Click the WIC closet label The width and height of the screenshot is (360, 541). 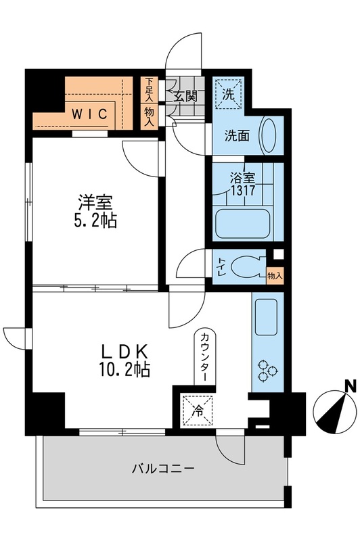pyautogui.click(x=89, y=114)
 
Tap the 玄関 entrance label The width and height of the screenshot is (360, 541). pyautogui.click(x=185, y=96)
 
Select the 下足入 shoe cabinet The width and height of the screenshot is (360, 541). pyautogui.click(x=149, y=89)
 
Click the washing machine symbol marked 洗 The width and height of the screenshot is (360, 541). pyautogui.click(x=228, y=94)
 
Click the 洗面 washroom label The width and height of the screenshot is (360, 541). pyautogui.click(x=237, y=136)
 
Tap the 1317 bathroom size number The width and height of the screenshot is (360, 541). pyautogui.click(x=243, y=190)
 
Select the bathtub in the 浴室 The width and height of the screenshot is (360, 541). pyautogui.click(x=243, y=223)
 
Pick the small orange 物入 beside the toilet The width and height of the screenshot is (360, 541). pyautogui.click(x=275, y=276)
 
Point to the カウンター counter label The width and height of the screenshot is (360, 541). pyautogui.click(x=204, y=356)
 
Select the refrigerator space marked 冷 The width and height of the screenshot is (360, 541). pyautogui.click(x=198, y=410)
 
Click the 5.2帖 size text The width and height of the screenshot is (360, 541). pyautogui.click(x=95, y=220)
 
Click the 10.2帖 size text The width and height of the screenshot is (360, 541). pyautogui.click(x=125, y=369)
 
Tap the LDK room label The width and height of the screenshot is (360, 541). pyautogui.click(x=125, y=352)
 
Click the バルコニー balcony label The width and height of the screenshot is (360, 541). pyautogui.click(x=164, y=469)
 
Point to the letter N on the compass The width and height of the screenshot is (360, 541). pyautogui.click(x=351, y=385)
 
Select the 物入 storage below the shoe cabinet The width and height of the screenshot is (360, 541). pyautogui.click(x=149, y=116)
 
